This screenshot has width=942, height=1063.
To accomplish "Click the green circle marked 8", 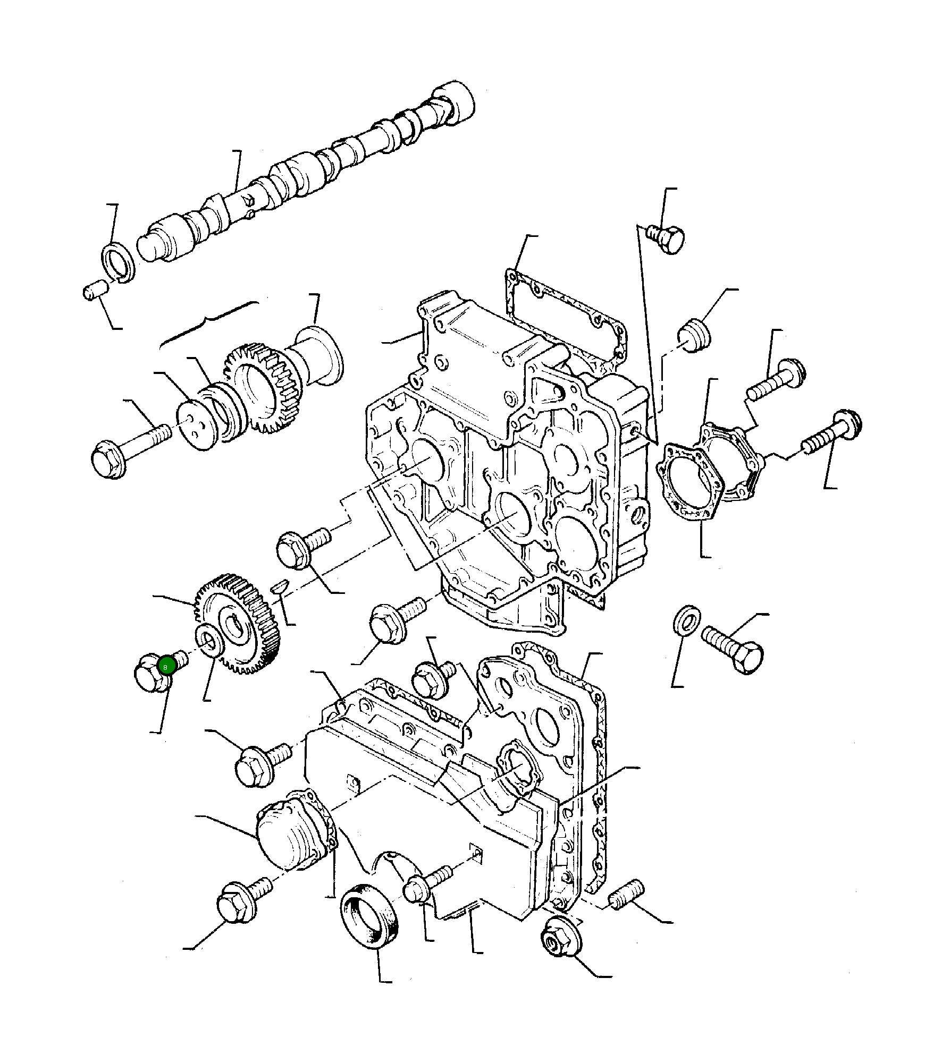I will pyautogui.click(x=166, y=666).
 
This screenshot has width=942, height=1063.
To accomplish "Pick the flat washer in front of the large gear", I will pyautogui.click(x=211, y=641).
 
